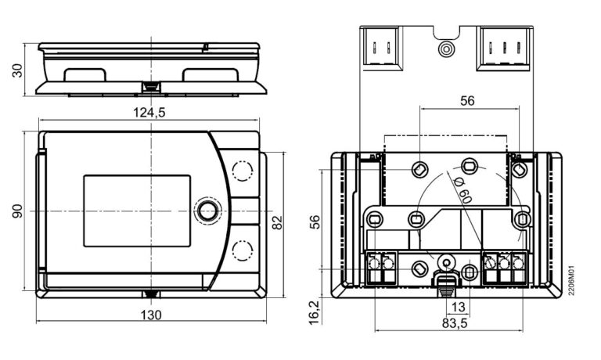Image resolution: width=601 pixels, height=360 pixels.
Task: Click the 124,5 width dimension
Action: click(x=149, y=113)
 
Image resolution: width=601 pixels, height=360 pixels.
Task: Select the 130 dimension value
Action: click(x=150, y=315)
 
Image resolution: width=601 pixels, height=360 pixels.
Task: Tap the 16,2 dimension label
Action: click(x=314, y=311)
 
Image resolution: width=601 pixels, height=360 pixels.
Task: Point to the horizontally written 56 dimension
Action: click(x=467, y=101)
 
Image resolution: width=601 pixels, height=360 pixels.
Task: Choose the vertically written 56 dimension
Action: click(x=314, y=221)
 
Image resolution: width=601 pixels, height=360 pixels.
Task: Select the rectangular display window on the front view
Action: click(x=136, y=211)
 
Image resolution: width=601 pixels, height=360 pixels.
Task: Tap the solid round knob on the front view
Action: click(x=207, y=211)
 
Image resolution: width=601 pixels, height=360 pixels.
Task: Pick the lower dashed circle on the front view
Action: click(x=243, y=251)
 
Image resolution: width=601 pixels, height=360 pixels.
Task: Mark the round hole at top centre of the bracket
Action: click(x=446, y=50)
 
